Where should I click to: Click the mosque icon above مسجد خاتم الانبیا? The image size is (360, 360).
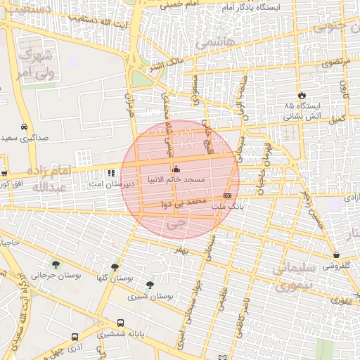point(176,169)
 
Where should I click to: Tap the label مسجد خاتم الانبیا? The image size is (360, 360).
point(176,180)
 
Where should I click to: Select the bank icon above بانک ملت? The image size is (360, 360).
point(227,195)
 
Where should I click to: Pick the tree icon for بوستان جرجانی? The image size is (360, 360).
point(56,265)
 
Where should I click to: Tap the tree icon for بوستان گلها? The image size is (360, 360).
point(115,267)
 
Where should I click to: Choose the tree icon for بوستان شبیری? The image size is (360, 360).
point(150,285)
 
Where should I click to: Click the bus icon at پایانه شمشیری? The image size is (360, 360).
point(121,323)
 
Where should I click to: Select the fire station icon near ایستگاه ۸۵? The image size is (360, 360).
point(302,94)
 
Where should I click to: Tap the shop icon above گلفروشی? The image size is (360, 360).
point(337,255)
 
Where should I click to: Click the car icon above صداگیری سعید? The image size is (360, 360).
point(25,127)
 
